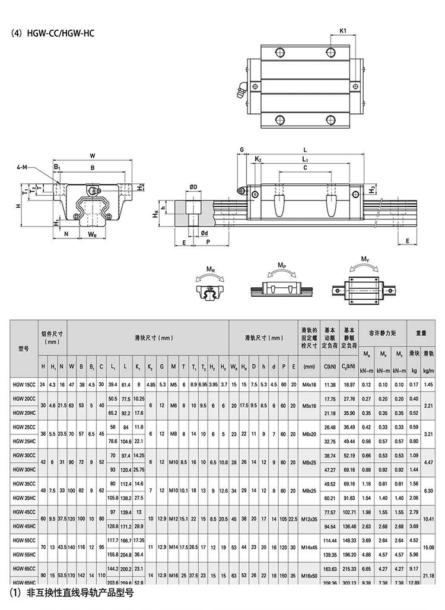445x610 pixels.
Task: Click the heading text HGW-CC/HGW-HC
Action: [59, 33]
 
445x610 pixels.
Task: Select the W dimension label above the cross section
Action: [92, 156]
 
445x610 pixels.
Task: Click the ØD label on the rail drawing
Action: [193, 187]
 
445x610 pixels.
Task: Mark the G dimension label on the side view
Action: [242, 150]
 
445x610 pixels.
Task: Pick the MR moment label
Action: [211, 269]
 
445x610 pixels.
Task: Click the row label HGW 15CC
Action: [24, 385]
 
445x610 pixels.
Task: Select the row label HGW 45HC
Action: [24, 526]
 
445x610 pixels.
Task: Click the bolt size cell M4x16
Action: [309, 385]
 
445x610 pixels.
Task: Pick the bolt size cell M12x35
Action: [309, 519]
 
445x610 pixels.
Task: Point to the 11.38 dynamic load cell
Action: [330, 385]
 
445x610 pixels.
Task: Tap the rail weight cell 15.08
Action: [431, 547]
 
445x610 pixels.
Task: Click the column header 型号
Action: [24, 348]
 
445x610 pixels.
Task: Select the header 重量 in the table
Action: [421, 333]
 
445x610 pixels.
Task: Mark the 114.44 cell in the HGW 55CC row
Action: [330, 540]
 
